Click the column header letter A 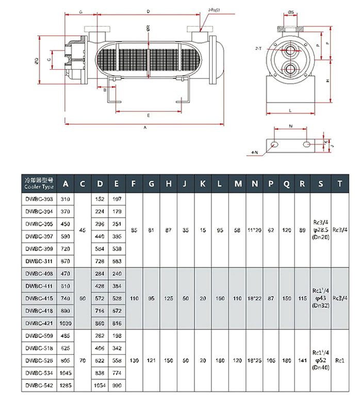click(66, 183)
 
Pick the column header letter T click(339, 183)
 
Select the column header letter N click(254, 183)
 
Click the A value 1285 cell click(66, 385)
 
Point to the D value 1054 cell click(100, 385)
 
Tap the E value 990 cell click(117, 385)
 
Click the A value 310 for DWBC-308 click(66, 199)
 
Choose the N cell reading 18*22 click(254, 298)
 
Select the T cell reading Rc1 click(339, 360)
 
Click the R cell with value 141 click(302, 360)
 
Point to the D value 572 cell click(100, 298)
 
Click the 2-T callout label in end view click(258, 48)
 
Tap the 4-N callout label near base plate click(254, 153)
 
